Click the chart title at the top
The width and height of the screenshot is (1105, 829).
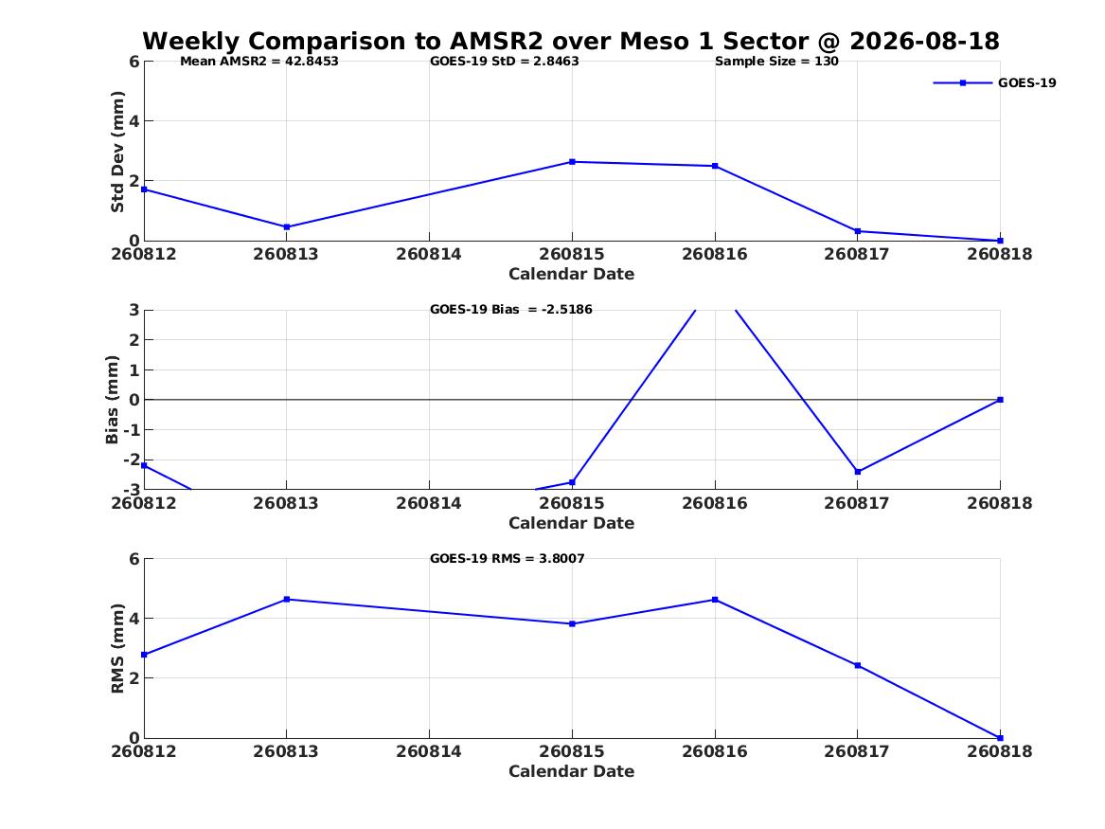571,41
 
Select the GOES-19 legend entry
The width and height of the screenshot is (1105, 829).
994,82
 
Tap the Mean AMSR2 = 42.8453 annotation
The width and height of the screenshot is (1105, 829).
259,62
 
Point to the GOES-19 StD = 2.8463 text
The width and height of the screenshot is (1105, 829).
505,62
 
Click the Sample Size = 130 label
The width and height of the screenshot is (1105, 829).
776,62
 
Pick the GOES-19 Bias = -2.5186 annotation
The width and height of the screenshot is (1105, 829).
511,310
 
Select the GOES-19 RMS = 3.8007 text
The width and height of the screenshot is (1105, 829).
508,558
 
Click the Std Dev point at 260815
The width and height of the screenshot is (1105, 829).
572,162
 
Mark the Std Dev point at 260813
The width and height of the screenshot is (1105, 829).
287,227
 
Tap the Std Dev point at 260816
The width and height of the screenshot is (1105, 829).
715,167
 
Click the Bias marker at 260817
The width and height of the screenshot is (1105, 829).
858,472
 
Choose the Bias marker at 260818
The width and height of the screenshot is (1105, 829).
1000,400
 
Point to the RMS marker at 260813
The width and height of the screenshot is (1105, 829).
287,599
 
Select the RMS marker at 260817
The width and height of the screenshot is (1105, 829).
858,665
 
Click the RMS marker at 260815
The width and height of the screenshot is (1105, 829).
572,623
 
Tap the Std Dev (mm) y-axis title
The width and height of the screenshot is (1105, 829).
117,152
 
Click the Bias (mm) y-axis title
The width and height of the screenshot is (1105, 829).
112,400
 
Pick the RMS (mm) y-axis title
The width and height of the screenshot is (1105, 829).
117,649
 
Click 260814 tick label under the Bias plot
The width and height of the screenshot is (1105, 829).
429,503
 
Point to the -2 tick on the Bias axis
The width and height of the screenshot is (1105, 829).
131,460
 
